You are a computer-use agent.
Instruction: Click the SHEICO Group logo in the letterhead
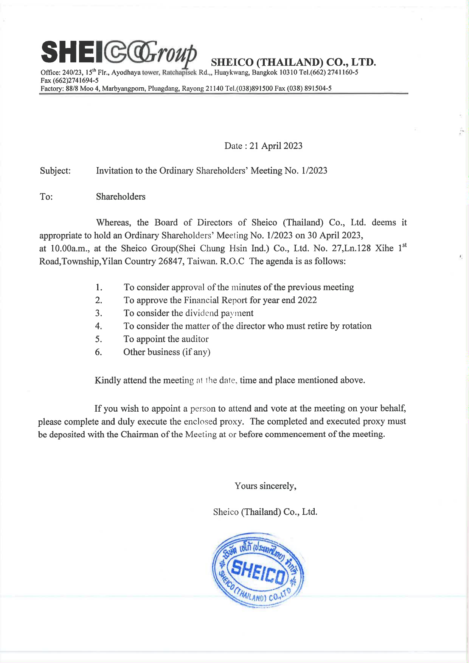(x=118, y=53)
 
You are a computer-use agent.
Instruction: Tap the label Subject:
(x=55, y=171)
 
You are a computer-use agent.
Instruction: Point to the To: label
(x=46, y=197)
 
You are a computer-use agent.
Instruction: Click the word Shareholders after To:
(x=121, y=197)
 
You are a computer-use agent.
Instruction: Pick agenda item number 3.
(x=99, y=313)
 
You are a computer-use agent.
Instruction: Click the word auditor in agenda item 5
(x=195, y=339)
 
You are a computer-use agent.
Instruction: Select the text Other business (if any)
(x=167, y=352)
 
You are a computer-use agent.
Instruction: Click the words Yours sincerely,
(x=265, y=486)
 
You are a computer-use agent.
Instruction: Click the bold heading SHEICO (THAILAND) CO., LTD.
(x=293, y=62)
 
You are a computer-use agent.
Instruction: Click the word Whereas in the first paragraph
(x=113, y=223)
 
